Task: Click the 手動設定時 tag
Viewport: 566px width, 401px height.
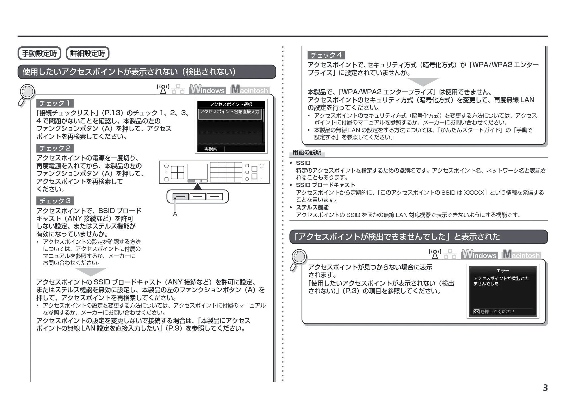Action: pos(39,53)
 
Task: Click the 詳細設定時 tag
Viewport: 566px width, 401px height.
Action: pos(87,53)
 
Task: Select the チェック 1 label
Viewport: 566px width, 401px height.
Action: pos(55,103)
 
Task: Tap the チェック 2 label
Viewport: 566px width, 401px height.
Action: pos(55,148)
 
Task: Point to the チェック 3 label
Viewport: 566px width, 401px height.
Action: pos(55,201)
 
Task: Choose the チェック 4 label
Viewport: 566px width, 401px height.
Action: pos(326,55)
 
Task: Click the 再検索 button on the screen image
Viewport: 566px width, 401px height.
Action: pos(211,149)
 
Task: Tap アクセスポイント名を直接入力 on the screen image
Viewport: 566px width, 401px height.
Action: pos(230,112)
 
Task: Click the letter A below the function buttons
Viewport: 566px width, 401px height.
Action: pos(175,214)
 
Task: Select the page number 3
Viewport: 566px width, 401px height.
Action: pos(545,388)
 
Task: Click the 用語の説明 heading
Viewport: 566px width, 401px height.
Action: pos(307,153)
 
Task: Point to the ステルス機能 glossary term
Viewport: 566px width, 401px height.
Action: pos(312,207)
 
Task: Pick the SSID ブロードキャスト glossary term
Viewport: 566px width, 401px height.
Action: pos(325,185)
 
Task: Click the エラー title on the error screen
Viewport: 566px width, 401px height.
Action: pos(503,271)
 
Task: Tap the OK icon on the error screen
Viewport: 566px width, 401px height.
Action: pos(476,312)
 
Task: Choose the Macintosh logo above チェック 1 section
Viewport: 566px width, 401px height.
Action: pos(250,89)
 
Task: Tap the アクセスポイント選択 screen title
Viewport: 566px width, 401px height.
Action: pos(231,104)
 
